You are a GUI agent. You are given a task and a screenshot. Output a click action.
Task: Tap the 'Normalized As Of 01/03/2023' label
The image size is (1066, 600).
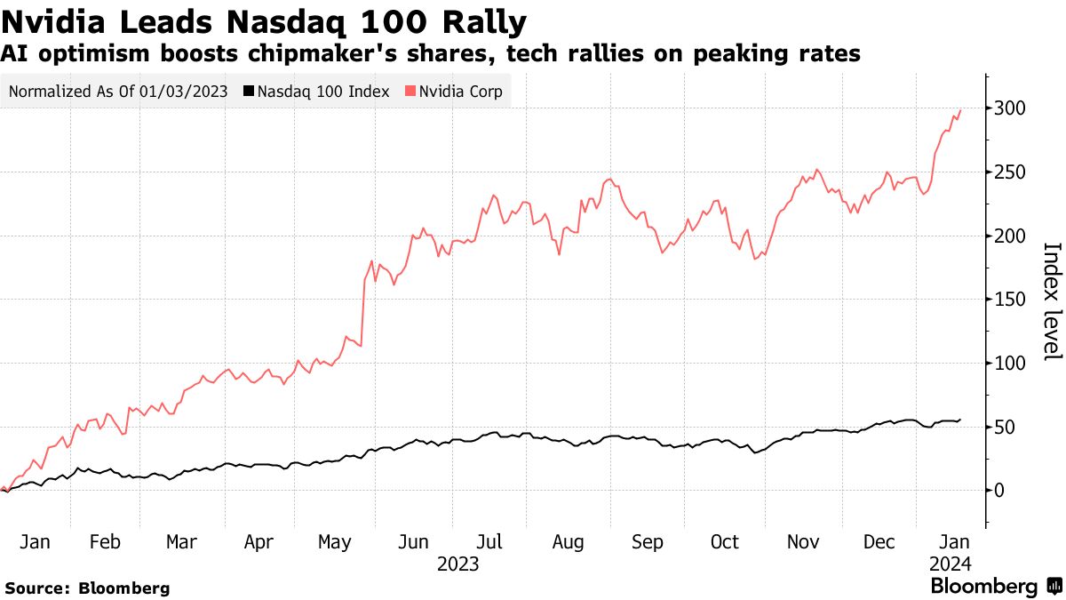[x=118, y=92]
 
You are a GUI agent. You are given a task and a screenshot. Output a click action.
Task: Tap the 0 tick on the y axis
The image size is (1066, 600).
[x=999, y=491]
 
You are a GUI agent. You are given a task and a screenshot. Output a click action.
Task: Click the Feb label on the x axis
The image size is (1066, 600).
[x=105, y=542]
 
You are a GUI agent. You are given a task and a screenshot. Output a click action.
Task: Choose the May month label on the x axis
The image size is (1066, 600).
[x=334, y=542]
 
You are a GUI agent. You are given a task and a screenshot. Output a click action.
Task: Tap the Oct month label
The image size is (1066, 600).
[x=725, y=542]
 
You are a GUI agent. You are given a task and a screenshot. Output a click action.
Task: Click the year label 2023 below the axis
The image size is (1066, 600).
[x=458, y=564]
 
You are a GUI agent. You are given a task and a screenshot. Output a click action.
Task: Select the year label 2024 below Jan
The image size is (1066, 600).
[x=951, y=564]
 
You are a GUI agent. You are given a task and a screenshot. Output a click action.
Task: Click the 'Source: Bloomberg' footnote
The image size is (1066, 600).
[x=87, y=588]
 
